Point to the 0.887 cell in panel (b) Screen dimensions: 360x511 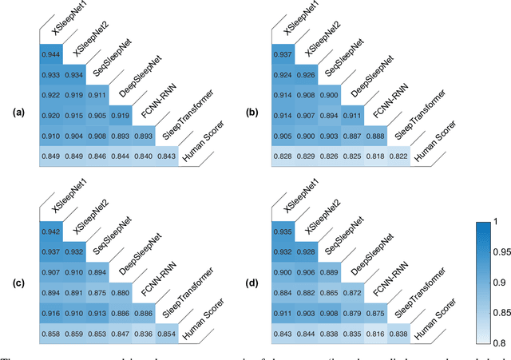point(352,136)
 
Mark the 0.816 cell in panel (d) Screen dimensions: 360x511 point(374,332)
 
